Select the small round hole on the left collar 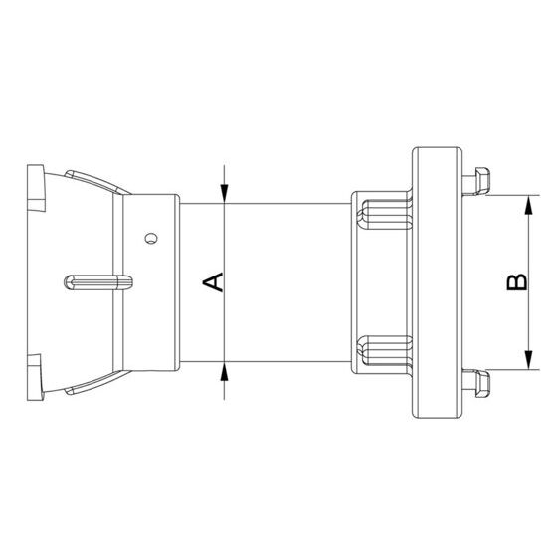tap(149, 238)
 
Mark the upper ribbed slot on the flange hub tap(382, 213)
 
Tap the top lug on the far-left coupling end tap(37, 189)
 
